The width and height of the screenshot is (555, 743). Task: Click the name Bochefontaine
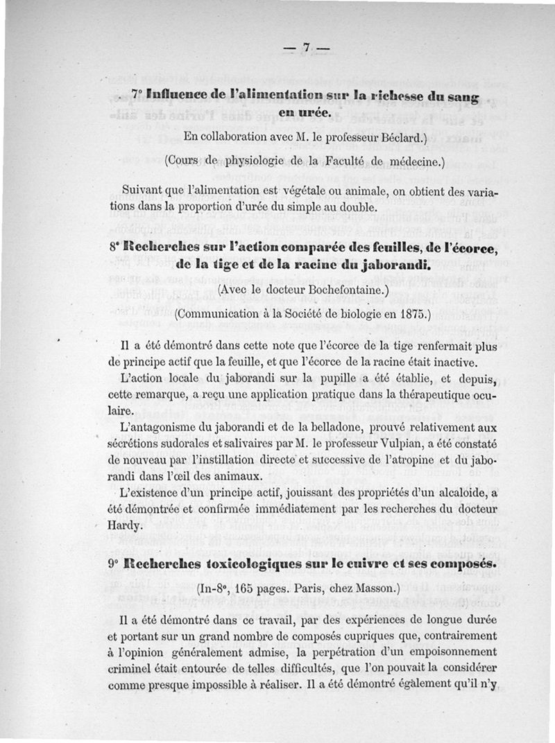click(x=347, y=291)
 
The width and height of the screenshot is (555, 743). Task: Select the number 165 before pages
click(x=245, y=589)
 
